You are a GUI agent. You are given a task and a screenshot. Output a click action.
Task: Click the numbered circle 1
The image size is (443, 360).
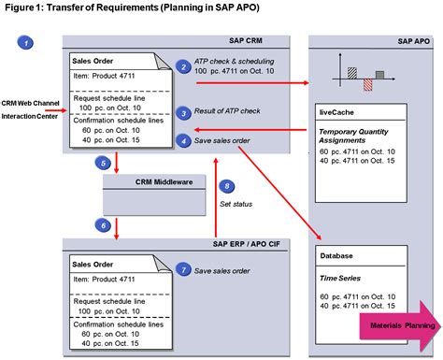point(28,43)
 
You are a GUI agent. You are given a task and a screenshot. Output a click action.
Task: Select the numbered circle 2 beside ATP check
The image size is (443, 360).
point(184,66)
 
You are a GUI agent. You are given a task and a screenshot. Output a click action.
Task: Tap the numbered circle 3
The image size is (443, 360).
point(184,112)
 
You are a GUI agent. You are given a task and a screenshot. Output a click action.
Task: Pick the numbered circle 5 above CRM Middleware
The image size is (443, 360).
point(103,163)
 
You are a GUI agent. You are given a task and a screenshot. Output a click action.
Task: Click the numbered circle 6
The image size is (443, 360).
point(103,224)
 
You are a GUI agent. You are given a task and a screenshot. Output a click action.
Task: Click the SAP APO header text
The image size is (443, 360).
point(413,42)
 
